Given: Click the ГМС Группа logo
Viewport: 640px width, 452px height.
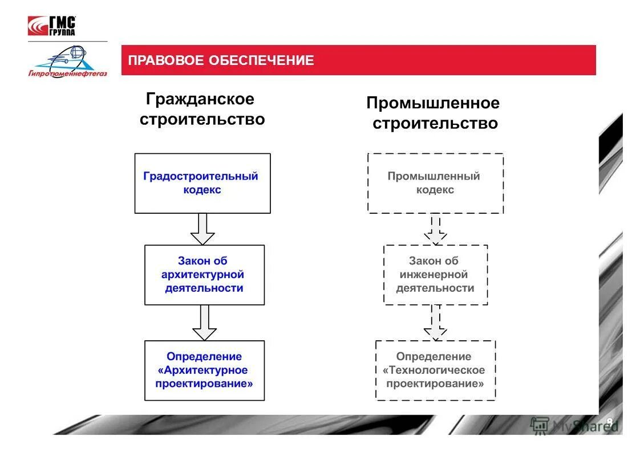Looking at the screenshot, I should (52, 26).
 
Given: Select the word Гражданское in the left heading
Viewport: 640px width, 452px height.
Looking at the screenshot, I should (200, 99).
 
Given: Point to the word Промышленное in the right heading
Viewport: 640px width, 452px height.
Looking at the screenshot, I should (432, 103).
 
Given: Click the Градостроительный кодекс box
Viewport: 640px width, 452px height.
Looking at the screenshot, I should (202, 183).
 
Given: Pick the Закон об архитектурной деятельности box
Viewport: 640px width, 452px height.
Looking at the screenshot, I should (204, 275).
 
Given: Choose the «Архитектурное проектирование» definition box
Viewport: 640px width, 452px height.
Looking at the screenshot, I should (204, 370).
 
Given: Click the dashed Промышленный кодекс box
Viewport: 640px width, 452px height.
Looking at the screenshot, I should (435, 183).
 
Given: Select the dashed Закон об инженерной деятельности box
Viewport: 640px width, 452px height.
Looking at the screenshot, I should (435, 275).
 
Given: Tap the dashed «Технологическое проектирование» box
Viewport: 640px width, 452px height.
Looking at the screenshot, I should (435, 370).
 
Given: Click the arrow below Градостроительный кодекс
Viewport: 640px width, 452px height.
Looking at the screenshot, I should (202, 229).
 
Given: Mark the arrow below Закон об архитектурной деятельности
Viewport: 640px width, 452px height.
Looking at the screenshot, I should (204, 323).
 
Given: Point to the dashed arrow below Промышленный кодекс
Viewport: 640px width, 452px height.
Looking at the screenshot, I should (435, 229).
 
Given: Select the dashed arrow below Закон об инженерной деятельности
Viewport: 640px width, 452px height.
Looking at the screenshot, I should (435, 323).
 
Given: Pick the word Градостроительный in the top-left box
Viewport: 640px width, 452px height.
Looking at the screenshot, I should (200, 176).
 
